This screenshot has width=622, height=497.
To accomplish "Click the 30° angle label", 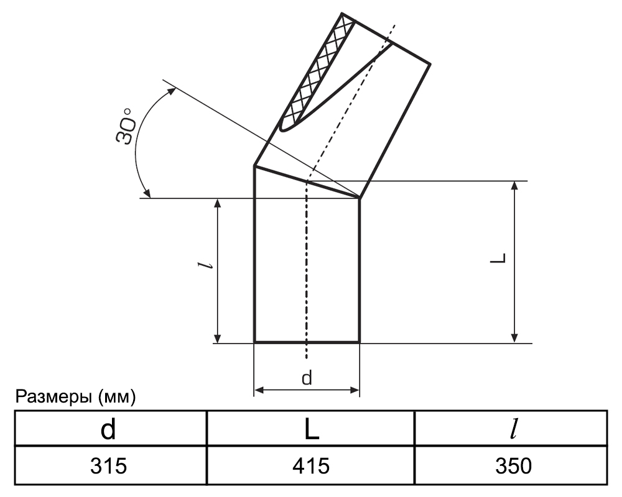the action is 126,125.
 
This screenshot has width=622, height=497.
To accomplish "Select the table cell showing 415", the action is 310,465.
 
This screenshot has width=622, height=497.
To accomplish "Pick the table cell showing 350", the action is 511,465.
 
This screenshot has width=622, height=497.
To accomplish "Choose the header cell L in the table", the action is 310,429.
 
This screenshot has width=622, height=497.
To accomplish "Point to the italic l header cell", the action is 511,429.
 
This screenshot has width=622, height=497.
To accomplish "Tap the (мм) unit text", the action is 117,397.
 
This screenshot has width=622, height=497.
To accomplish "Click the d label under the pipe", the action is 307,378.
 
